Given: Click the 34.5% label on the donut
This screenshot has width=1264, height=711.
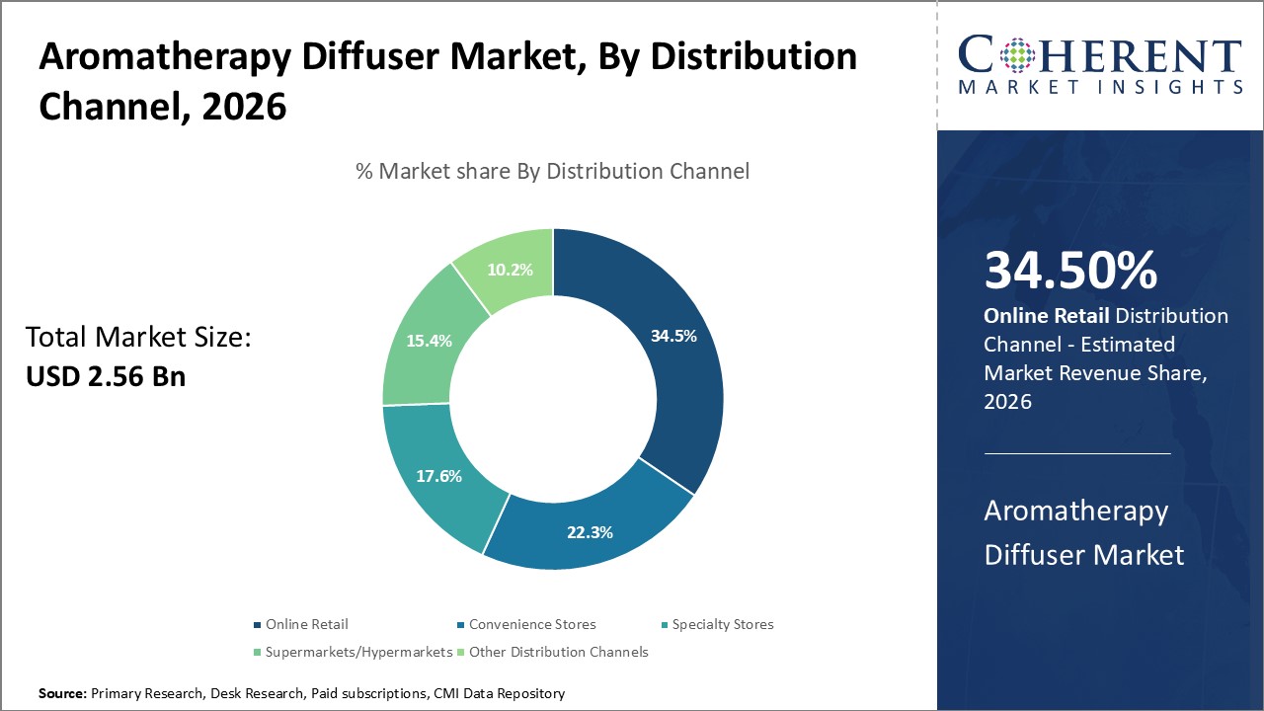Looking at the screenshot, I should (x=673, y=336).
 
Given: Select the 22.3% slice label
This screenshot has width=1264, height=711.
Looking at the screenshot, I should (x=590, y=532).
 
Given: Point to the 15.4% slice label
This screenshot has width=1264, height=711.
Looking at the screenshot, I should (x=429, y=341).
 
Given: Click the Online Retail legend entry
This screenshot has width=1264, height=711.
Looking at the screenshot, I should (x=306, y=624).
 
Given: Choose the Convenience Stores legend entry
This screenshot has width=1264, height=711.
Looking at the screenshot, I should (x=531, y=624).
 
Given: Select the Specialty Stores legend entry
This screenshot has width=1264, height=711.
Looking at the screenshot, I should (x=723, y=624).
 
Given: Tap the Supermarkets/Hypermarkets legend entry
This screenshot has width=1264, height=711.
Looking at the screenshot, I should (x=358, y=652).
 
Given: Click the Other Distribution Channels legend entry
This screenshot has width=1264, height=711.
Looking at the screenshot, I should (x=558, y=652).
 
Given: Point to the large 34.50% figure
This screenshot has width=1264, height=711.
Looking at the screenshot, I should (x=1070, y=272).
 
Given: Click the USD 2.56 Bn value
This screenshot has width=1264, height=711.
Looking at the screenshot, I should (x=105, y=375).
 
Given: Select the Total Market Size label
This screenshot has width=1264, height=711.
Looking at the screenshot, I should (x=138, y=338).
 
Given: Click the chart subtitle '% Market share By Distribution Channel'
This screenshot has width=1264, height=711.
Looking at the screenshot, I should (x=552, y=171).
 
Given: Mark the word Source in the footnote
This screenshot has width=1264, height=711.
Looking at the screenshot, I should (x=62, y=694).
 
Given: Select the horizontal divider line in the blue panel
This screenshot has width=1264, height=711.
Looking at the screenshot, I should (x=1076, y=453).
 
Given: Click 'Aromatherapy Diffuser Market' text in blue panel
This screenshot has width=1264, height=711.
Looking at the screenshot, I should (x=1083, y=532).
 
